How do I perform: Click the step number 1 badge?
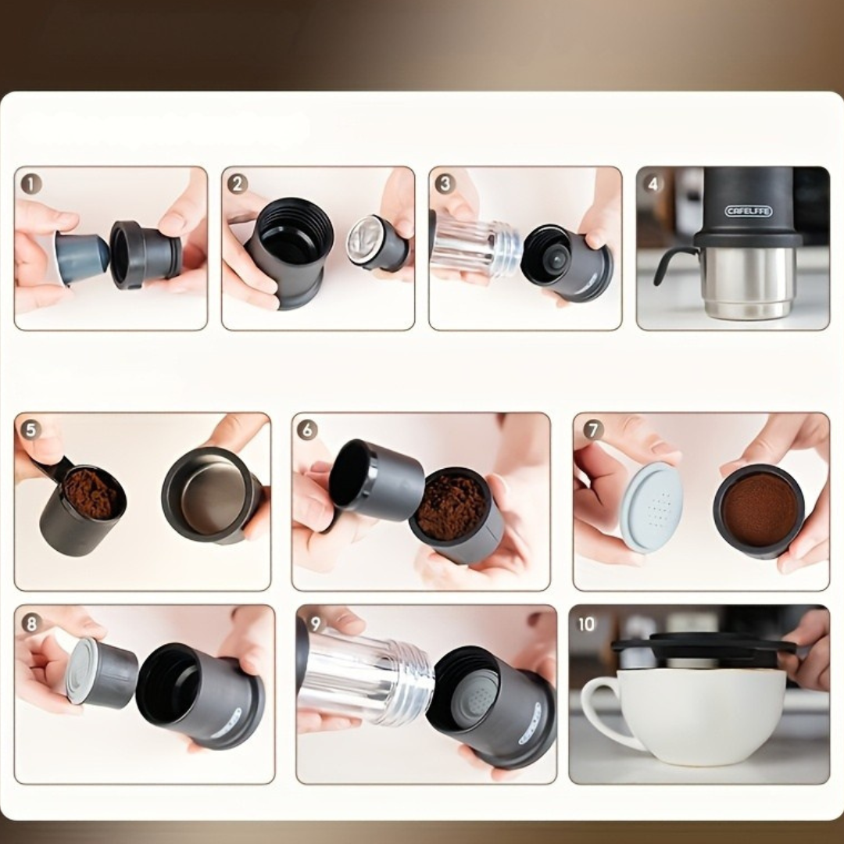tap(30, 184)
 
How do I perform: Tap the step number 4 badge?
tap(653, 184)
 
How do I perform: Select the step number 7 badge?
tap(593, 430)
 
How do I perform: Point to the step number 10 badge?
tap(585, 624)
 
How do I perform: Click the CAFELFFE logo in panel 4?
tap(748, 211)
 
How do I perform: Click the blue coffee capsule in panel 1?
tap(81, 258)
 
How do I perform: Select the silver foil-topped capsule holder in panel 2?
tap(377, 243)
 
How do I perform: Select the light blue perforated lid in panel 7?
tap(651, 507)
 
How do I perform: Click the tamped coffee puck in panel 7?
tap(758, 510)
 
